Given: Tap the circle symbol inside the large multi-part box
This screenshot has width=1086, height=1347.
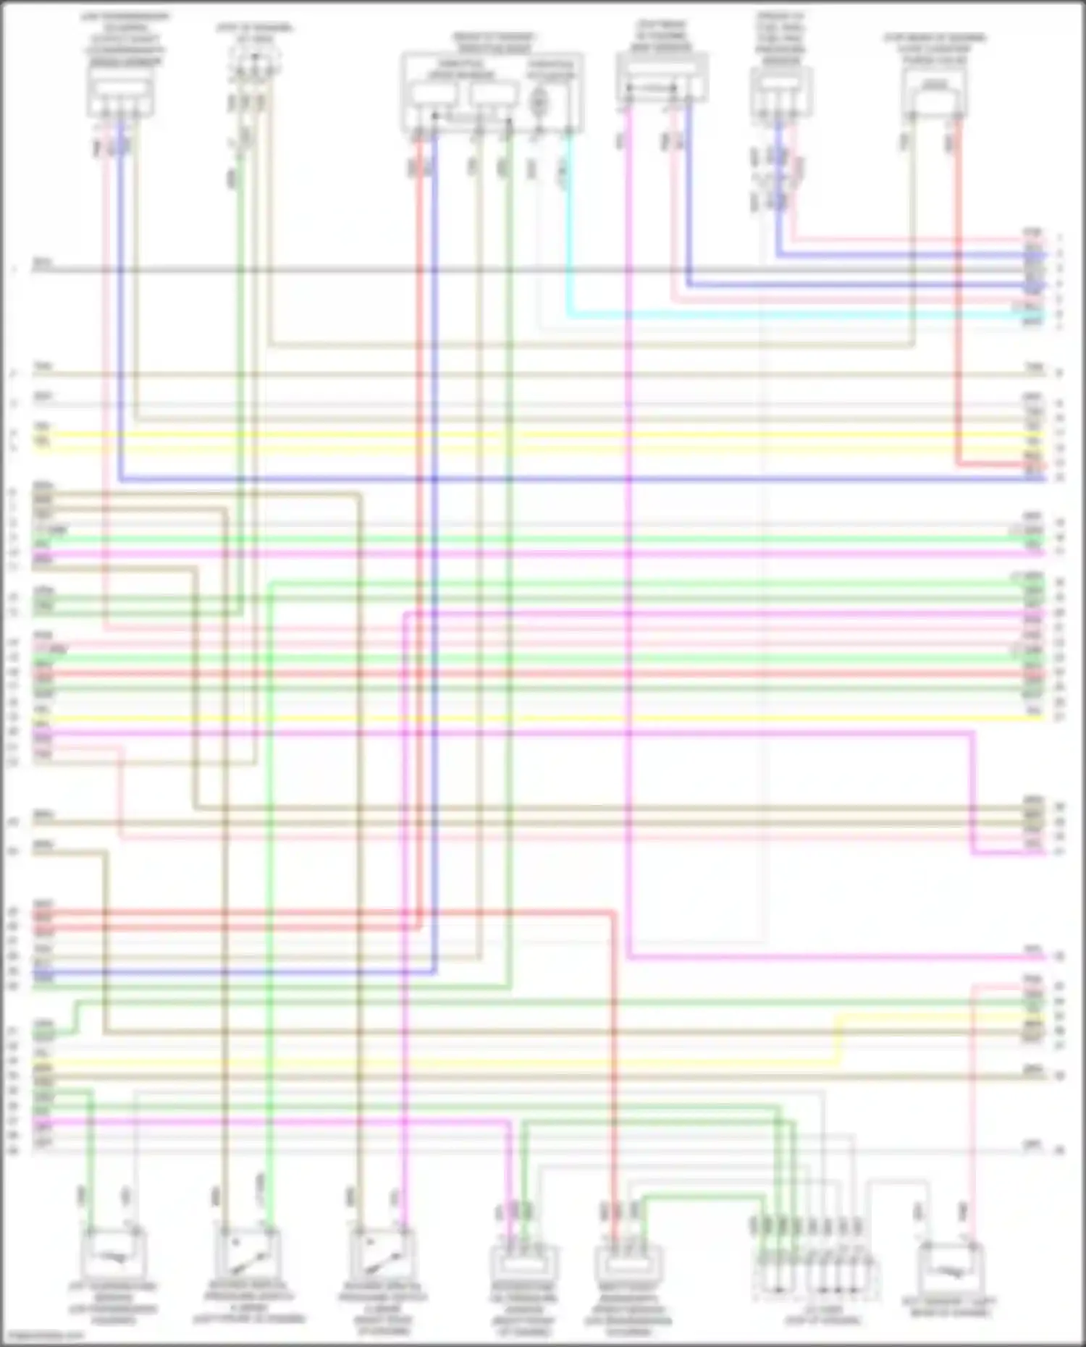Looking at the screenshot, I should pyautogui.click(x=538, y=101).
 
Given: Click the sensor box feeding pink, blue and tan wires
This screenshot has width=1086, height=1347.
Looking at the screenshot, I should pyautogui.click(x=120, y=95).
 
